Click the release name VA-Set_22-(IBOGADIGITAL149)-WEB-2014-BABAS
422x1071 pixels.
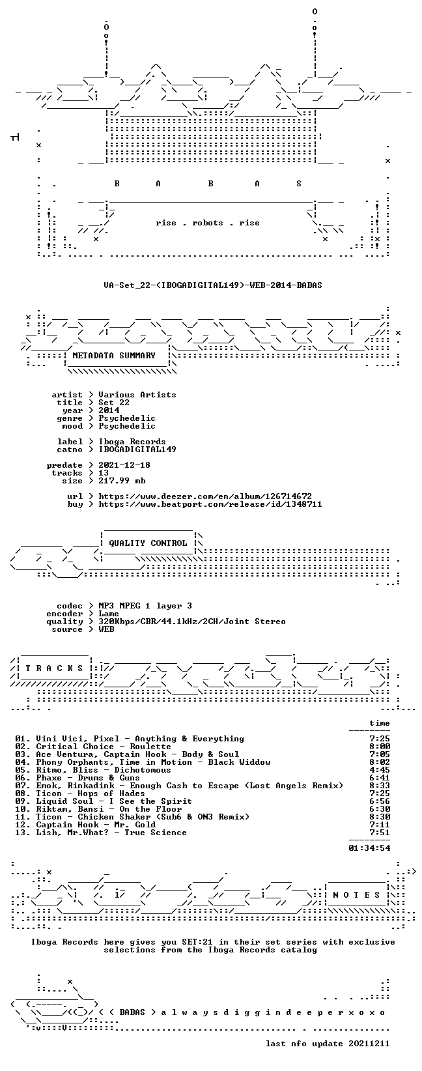click(213, 285)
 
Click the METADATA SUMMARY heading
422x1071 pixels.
click(114, 356)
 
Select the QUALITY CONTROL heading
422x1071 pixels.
click(148, 543)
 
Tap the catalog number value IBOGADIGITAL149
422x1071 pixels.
click(137, 450)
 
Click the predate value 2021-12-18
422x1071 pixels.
click(124, 465)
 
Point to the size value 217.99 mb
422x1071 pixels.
click(122, 481)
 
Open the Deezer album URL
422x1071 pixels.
click(205, 496)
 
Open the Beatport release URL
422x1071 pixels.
click(210, 504)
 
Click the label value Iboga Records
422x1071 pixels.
click(132, 442)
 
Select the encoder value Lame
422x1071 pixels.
click(109, 614)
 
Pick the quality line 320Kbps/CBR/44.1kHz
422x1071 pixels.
click(192, 621)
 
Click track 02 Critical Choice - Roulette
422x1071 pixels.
click(92, 747)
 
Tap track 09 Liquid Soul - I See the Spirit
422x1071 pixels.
click(104, 801)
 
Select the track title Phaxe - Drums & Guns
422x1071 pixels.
click(88, 778)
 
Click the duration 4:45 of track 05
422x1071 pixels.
click(380, 770)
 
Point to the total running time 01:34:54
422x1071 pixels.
click(369, 848)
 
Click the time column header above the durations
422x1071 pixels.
click(380, 723)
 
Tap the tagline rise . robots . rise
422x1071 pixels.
click(207, 223)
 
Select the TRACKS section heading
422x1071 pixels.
click(54, 668)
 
